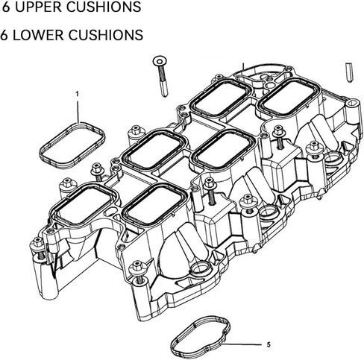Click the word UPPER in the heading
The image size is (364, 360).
coord(38,7)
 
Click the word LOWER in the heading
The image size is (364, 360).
coord(38,35)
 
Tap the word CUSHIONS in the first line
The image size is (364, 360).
coord(104,7)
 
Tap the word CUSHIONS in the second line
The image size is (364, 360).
coord(106,35)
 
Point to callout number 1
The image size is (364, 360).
coord(77,94)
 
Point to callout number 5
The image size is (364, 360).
coord(269,344)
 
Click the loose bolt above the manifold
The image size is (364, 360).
coord(161,76)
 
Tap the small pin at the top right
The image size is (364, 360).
coord(349,72)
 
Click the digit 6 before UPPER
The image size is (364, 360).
coord(6,7)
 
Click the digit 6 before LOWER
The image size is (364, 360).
coord(4,35)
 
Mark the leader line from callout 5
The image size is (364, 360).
coord(242,344)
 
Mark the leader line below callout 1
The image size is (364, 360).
coord(78,110)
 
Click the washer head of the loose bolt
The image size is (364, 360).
coord(160,61)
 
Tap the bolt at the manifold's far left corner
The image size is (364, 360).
coord(39,247)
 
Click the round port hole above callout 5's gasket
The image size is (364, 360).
coord(200,268)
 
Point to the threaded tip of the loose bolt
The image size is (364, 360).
coord(164,89)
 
